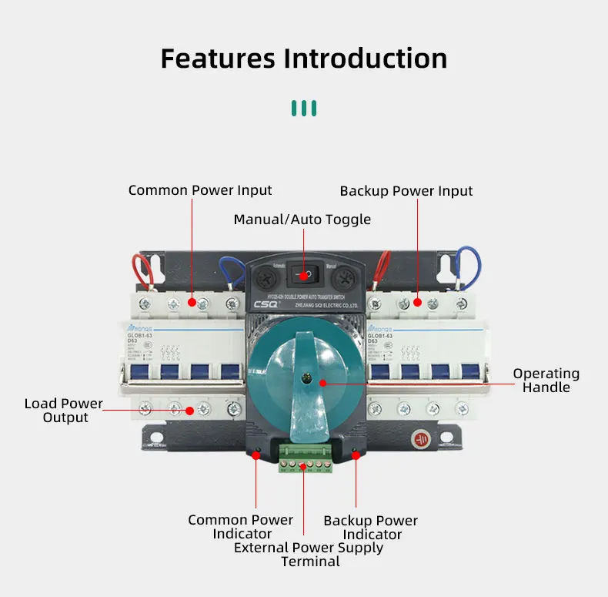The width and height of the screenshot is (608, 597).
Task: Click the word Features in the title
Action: (218, 59)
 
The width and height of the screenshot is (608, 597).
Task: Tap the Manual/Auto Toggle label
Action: (302, 220)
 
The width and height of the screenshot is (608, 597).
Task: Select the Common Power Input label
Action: (200, 190)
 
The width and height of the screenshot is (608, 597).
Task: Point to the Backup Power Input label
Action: (406, 190)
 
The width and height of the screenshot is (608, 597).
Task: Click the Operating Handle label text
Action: (546, 381)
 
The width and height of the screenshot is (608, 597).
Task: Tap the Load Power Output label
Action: (64, 411)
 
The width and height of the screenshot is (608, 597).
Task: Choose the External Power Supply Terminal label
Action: (309, 555)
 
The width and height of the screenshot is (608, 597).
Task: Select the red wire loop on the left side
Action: (142, 271)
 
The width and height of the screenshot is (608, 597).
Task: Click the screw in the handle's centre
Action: (306, 376)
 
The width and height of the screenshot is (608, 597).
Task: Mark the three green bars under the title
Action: (304, 107)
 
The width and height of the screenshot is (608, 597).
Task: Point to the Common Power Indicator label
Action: (241, 527)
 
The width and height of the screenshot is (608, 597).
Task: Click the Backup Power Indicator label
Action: (371, 528)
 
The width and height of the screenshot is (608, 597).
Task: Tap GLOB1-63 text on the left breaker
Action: (142, 335)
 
